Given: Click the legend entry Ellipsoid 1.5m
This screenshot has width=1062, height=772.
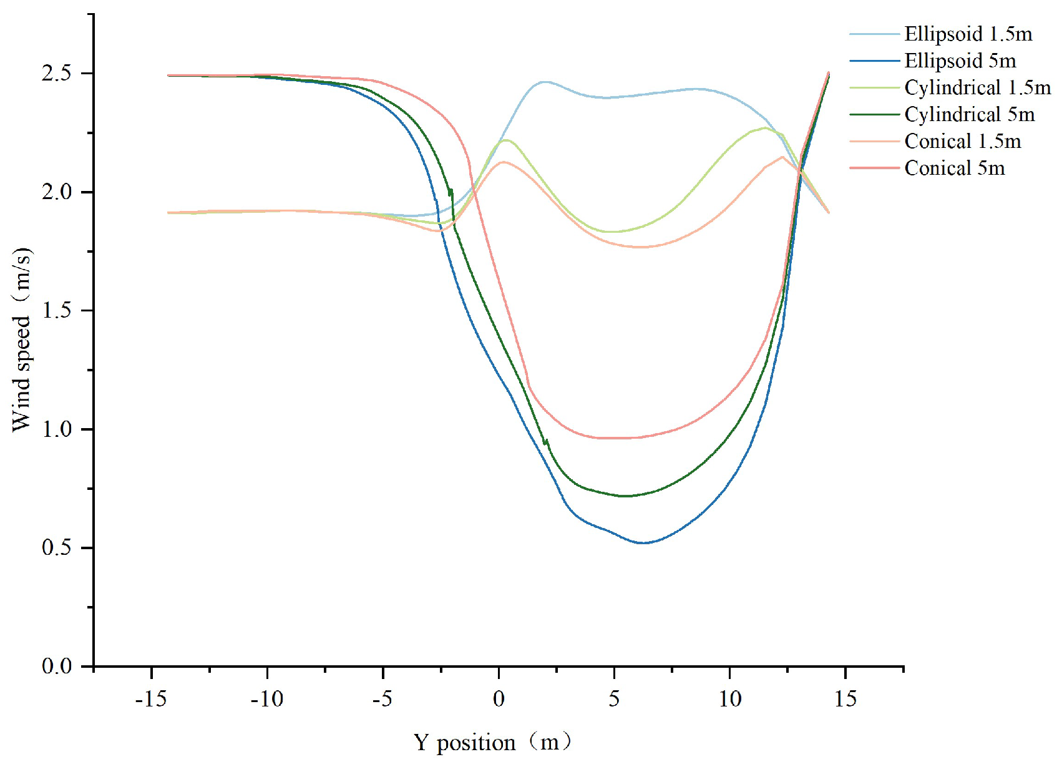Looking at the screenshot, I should [968, 34].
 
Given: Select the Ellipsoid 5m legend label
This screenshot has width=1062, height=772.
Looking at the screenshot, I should [960, 61].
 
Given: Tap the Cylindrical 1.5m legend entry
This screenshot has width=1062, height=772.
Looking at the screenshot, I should [977, 87].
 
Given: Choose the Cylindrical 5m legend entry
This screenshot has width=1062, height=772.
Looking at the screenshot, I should [969, 114].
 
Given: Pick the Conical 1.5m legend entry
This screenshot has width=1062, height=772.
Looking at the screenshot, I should [962, 141].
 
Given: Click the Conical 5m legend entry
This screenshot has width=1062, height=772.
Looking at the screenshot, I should [954, 168].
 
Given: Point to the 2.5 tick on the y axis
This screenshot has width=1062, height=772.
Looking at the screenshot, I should [57, 74].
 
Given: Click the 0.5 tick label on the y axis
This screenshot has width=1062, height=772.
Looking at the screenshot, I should [57, 548].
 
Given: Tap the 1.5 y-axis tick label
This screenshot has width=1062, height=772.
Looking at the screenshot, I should [57, 311].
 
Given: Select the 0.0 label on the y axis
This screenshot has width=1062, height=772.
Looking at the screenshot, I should [57, 667].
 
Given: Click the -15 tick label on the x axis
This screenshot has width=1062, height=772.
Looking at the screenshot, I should [151, 699].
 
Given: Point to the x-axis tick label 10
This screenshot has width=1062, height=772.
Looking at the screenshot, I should [729, 699].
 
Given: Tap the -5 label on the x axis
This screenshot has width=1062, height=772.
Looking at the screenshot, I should [382, 699].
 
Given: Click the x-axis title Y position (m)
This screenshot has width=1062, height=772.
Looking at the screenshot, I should [492, 743].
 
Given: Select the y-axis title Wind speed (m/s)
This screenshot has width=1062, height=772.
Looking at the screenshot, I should [21, 340].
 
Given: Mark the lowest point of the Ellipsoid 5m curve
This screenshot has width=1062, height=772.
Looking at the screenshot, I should [643, 543].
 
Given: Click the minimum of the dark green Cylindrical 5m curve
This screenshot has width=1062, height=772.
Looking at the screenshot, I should [624, 496].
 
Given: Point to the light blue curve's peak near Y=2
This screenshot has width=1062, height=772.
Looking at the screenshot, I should [545, 82].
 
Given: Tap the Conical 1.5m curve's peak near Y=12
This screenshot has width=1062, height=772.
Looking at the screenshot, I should [782, 157].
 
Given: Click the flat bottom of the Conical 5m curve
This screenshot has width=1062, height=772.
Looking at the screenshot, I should [615, 438].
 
